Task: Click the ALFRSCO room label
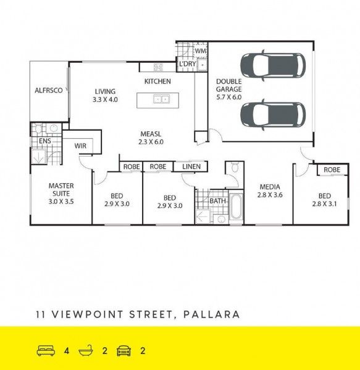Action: coord(49,91)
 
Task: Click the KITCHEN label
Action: coord(157,81)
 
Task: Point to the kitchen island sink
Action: coord(162,99)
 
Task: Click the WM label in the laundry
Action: coord(200,51)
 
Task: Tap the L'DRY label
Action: coord(187,64)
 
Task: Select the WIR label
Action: coord(80,146)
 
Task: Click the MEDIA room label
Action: coord(269,187)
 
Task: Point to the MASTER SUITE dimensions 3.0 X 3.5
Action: coord(61,201)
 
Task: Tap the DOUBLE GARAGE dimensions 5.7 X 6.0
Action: coord(228,97)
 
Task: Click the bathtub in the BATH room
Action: coord(236,207)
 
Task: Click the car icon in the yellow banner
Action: coord(123,351)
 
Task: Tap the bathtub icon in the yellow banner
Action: coord(85,351)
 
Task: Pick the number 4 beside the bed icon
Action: coord(66,351)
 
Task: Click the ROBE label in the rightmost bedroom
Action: coord(332,170)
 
